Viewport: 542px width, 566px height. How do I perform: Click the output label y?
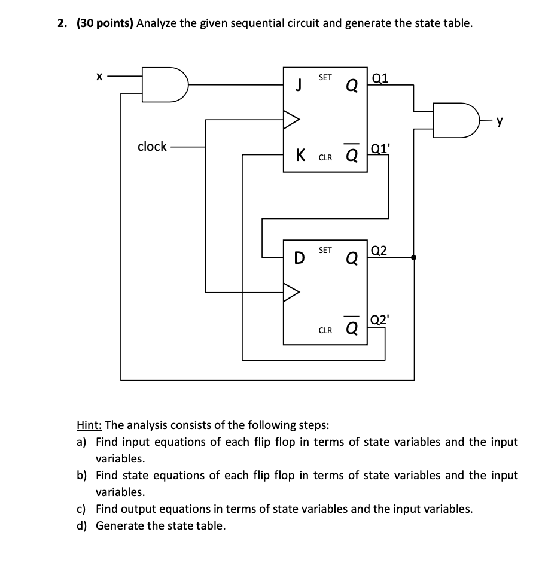pos(500,122)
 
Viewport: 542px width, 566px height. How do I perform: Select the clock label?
pos(152,147)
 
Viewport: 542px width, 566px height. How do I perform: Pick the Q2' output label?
pos(380,319)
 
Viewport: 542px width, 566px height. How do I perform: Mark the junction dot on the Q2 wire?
pos(414,257)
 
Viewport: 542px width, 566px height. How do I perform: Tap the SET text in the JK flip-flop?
pos(325,77)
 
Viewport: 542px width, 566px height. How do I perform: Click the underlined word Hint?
pos(90,425)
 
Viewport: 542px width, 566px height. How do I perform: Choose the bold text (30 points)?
pos(105,23)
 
